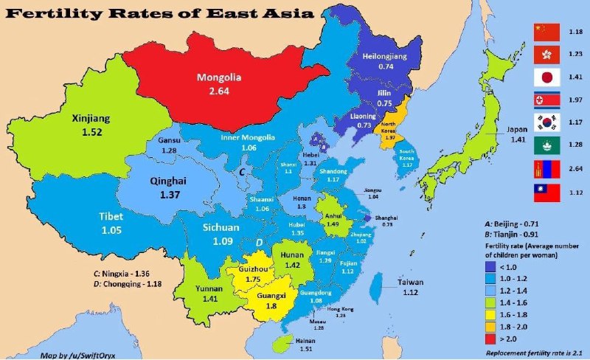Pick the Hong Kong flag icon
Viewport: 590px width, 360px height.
click(x=547, y=52)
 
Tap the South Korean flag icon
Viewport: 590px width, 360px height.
click(x=547, y=122)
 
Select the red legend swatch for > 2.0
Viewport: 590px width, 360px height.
click(x=493, y=341)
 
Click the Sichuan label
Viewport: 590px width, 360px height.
click(x=221, y=228)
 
